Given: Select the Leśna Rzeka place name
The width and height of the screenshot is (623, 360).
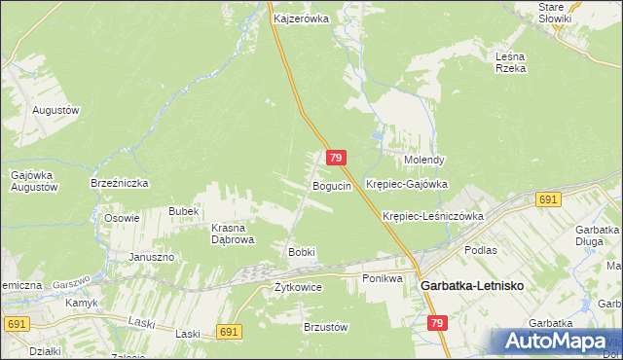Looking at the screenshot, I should (x=510, y=62).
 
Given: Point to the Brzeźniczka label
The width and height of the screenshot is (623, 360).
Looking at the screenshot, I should (x=119, y=182).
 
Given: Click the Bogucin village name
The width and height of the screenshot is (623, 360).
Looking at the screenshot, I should (x=331, y=186).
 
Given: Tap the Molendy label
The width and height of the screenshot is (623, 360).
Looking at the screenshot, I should (x=424, y=160).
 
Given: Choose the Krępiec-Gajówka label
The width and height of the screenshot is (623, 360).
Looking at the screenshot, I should (x=406, y=183).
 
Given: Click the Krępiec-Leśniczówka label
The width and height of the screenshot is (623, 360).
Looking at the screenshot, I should (x=433, y=216).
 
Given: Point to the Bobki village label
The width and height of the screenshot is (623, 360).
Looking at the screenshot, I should (x=301, y=252).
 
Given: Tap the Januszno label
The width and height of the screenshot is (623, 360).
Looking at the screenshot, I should (x=151, y=257).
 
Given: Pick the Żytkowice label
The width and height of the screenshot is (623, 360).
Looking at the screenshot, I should (x=298, y=287).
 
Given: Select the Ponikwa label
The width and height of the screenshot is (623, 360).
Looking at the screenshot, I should (x=382, y=278).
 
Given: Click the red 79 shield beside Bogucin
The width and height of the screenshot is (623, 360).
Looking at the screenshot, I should (x=336, y=158).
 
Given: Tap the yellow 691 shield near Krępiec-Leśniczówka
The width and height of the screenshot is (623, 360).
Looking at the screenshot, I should (x=548, y=199).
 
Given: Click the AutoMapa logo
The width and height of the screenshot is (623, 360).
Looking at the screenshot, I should (x=556, y=342).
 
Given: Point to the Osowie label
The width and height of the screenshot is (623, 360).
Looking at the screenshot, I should (x=122, y=218).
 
